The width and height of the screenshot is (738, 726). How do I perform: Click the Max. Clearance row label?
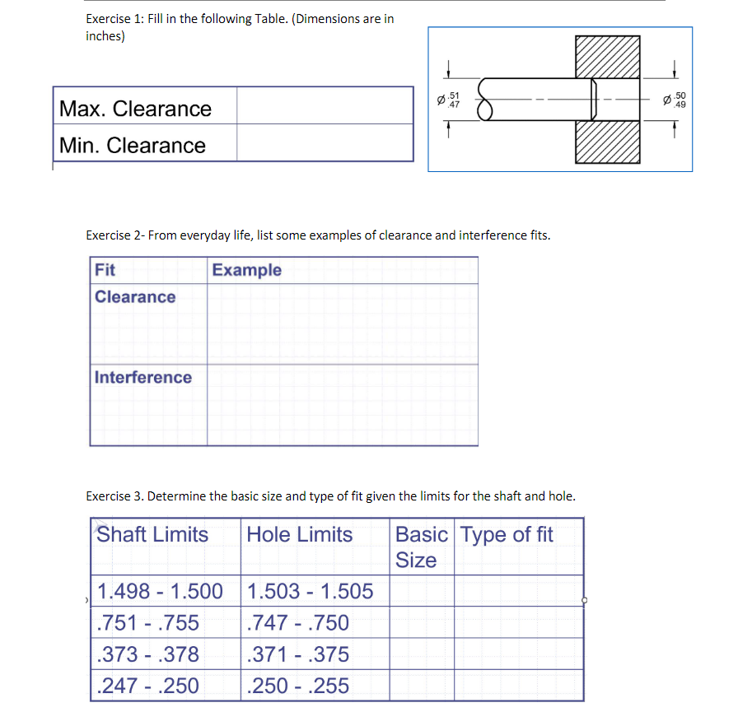(135, 109)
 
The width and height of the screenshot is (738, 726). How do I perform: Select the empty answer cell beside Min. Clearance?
(325, 144)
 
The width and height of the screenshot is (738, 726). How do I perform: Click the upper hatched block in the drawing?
(607, 57)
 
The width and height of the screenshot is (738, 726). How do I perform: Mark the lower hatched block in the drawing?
(607, 141)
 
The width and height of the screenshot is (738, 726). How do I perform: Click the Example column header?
(246, 270)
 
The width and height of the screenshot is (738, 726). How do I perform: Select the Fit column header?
(105, 270)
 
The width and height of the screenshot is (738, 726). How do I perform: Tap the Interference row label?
(143, 378)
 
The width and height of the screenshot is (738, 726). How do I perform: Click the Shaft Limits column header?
(153, 534)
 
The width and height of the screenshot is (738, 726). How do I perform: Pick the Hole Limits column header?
(300, 534)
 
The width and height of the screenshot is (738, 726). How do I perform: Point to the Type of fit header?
(507, 534)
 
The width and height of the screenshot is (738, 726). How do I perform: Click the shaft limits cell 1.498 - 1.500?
(160, 591)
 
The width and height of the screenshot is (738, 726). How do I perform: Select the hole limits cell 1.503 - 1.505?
(310, 591)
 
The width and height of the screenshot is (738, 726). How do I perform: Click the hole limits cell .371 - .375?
(298, 654)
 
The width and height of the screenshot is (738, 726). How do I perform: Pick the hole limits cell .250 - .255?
(298, 686)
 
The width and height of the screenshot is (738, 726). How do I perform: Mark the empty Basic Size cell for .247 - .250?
(422, 686)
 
